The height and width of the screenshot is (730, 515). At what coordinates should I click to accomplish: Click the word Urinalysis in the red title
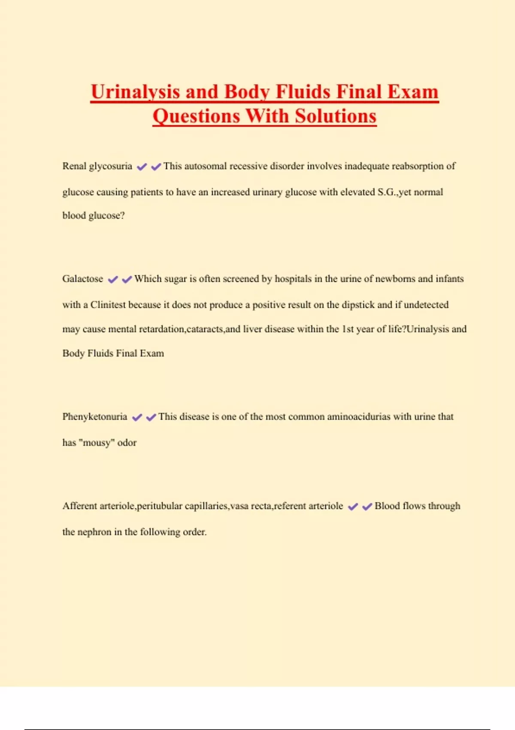pos(135,92)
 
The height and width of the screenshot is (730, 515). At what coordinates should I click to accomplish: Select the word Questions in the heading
pos(196,116)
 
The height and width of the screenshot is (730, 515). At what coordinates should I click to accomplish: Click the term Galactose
pos(83,279)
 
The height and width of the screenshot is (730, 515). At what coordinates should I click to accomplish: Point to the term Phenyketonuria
pos(95,417)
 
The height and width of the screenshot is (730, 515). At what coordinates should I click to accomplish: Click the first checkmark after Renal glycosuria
pos(142,167)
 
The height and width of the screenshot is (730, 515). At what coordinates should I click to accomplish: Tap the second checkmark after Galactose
pos(127,280)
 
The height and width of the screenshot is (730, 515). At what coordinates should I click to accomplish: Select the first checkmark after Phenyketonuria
pos(137,417)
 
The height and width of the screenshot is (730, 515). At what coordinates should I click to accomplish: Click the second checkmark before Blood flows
pos(367,507)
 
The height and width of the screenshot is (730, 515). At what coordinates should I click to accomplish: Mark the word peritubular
pos(160,506)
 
